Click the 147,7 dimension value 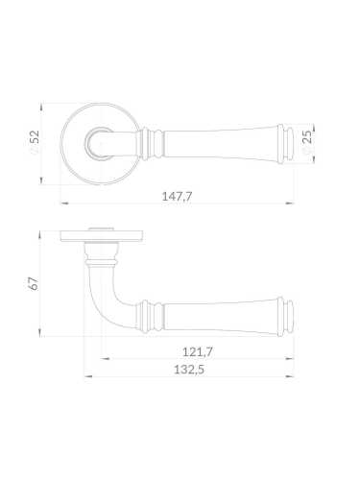(x=177, y=196)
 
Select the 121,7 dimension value (x=198, y=352)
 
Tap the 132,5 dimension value (x=189, y=370)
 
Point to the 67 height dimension (x=34, y=283)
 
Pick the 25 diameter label (x=306, y=140)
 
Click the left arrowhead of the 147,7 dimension (x=64, y=203)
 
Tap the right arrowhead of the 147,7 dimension (x=290, y=203)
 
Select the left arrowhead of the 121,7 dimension (x=105, y=359)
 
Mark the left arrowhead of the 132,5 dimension (x=88, y=376)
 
